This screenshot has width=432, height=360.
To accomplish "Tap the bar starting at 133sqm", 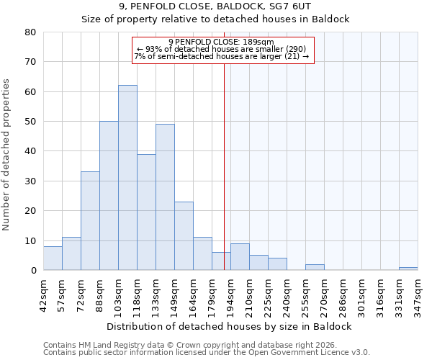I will (x=165, y=197).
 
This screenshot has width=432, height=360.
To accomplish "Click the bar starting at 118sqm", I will (x=146, y=212).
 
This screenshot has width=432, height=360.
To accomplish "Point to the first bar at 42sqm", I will (x=53, y=258).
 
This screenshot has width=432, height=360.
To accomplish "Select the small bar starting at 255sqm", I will (x=315, y=267).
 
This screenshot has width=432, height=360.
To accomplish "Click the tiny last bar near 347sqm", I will (x=408, y=269).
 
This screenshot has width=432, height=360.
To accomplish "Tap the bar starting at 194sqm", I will (x=240, y=257).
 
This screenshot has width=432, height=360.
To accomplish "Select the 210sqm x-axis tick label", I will (x=249, y=292).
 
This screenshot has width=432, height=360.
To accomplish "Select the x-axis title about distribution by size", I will (x=228, y=326).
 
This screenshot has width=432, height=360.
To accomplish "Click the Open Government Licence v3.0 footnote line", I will (x=207, y=352).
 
